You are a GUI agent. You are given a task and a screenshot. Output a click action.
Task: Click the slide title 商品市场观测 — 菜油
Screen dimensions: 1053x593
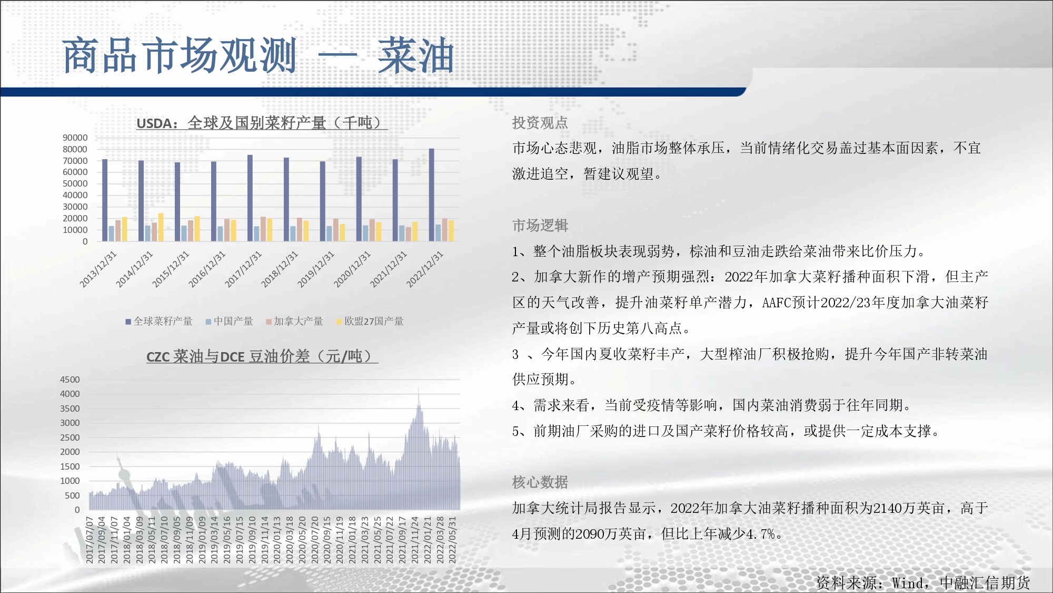pos(258,55)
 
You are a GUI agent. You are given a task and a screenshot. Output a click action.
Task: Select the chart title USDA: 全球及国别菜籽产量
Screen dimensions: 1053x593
pos(262,123)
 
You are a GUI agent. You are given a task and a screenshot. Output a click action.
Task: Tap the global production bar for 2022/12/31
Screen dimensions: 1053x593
pos(432,195)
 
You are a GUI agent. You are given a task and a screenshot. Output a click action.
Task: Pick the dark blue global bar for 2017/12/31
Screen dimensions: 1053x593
pos(250,198)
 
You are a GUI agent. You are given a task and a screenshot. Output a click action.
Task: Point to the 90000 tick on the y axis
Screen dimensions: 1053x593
pos(75,138)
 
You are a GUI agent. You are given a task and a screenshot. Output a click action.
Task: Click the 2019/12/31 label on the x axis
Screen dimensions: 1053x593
pos(316,269)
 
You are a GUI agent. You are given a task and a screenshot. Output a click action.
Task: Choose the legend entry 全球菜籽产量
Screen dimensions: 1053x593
pos(159,321)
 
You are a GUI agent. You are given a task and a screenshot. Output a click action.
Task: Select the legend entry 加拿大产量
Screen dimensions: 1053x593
pos(294,321)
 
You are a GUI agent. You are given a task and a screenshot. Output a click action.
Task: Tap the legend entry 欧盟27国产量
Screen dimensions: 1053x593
pos(370,321)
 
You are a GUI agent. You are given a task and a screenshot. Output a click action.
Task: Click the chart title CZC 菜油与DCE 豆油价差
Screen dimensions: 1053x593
pos(262,356)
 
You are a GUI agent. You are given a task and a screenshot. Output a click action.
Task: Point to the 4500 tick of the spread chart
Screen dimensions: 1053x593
pos(70,380)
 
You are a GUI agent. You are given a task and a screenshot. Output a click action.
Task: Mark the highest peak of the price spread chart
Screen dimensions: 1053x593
pos(419,388)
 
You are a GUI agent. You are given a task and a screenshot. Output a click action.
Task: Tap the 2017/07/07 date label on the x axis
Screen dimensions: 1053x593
pos(90,540)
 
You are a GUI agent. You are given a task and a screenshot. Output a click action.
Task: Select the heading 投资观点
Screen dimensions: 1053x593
pos(540,123)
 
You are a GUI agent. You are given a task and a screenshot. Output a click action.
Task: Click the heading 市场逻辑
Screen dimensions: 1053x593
pos(540,226)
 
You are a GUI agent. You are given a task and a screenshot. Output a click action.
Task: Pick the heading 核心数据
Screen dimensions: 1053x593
pos(540,482)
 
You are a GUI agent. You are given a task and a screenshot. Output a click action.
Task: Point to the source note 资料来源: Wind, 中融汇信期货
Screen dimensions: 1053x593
pos(923,582)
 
